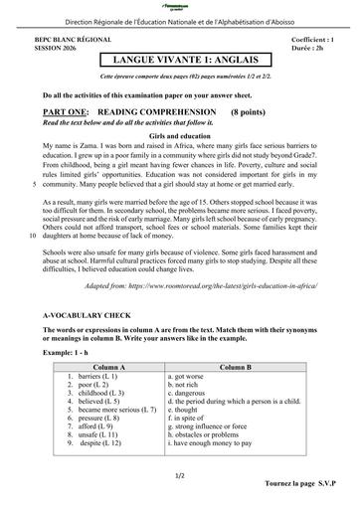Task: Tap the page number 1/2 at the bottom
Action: point(180,476)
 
